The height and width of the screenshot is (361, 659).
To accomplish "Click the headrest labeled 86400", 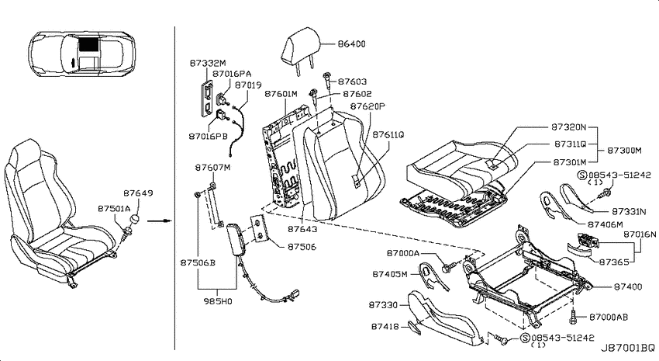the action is coord(302,48).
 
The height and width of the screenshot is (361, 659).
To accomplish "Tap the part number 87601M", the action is coord(281,94).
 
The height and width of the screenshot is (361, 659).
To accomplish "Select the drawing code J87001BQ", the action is coord(627,349).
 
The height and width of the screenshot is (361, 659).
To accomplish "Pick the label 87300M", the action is coord(624,150).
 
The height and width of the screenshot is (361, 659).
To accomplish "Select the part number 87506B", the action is coord(198,262).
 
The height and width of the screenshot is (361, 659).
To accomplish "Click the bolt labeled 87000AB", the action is coord(574,318).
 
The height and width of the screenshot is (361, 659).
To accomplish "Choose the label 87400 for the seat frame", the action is coord(628,286).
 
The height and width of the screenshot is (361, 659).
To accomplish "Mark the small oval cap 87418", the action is coord(412,327).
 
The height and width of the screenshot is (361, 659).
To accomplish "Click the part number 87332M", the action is coord(208,64).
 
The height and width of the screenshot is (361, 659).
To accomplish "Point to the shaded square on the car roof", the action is coord(88,44).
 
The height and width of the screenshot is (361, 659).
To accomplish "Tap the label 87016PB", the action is coord(208,137).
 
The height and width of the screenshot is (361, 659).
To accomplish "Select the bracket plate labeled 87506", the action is coord(260,229).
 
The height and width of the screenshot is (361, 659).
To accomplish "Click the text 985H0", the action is coord(218,301).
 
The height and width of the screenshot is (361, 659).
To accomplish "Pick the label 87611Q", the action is coord(388,134).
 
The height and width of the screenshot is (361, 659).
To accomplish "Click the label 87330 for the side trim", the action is coord(383,304).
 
